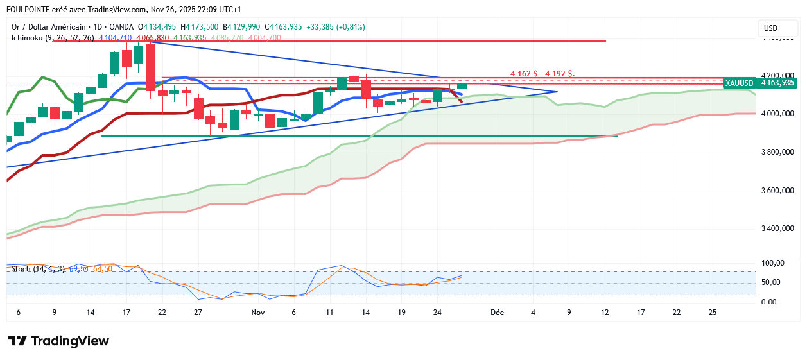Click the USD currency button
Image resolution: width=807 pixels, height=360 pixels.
770,28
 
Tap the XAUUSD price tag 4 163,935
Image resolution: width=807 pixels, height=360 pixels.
759,83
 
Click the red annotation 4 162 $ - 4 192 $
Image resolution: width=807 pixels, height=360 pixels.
542,74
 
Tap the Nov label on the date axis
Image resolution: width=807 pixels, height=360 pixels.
258,313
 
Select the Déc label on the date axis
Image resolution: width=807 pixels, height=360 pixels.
497,313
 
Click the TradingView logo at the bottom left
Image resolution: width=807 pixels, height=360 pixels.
58,341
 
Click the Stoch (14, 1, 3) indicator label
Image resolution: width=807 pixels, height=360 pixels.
38,268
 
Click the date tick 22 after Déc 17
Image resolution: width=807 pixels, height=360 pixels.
677,313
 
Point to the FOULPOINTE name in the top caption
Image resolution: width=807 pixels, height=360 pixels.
30,10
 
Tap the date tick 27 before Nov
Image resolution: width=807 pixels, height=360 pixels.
198,313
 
